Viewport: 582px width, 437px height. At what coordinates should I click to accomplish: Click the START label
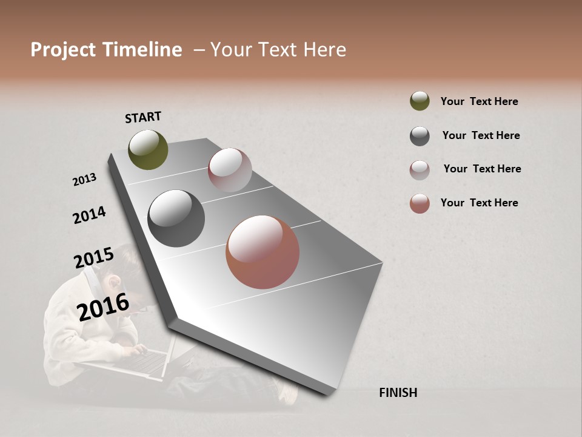click(143, 117)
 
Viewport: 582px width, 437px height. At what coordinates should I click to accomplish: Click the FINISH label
click(398, 393)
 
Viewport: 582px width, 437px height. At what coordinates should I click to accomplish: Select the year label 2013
click(84, 180)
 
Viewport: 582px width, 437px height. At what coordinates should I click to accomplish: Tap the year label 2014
click(89, 215)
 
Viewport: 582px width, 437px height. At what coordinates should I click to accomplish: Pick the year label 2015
click(93, 258)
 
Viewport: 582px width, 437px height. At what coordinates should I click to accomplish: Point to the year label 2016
click(103, 307)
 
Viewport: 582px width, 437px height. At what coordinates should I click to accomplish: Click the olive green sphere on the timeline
click(149, 149)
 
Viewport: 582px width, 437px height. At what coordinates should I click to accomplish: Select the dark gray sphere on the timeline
click(176, 218)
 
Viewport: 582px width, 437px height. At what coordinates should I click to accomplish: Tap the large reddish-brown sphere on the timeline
click(263, 252)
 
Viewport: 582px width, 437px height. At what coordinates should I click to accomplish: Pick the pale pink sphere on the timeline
click(230, 170)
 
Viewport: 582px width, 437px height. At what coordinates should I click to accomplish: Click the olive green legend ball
click(420, 101)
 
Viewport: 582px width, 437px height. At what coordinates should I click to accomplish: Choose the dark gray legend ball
click(420, 136)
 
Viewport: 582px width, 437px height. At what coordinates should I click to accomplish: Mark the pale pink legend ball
click(420, 170)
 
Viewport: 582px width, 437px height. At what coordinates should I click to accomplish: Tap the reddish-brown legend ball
click(420, 203)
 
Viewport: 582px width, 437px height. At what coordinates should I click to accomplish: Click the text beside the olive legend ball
click(479, 101)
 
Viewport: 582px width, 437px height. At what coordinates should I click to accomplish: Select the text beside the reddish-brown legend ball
click(479, 203)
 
